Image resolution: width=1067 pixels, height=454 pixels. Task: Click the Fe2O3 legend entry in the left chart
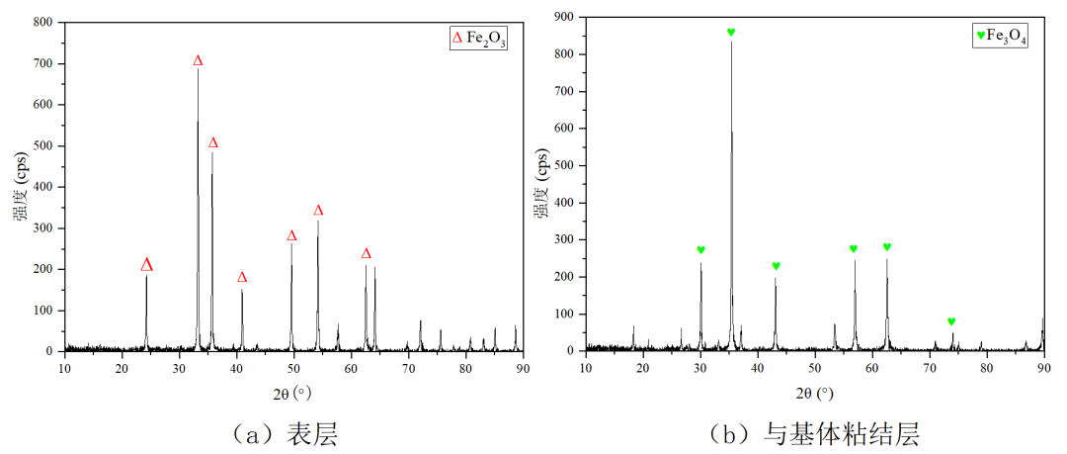[478, 39]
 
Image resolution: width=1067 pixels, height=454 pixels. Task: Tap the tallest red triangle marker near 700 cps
[198, 61]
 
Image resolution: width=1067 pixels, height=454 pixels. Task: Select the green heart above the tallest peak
[731, 33]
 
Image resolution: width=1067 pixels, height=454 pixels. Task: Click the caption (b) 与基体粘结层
[814, 432]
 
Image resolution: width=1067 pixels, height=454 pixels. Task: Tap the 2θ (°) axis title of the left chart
[293, 393]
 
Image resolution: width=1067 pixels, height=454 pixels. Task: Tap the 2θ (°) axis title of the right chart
[814, 393]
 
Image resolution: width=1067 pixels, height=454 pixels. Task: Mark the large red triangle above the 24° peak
[146, 265]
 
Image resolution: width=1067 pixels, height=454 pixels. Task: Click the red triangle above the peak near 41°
[242, 278]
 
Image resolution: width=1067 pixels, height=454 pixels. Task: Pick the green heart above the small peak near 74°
[951, 321]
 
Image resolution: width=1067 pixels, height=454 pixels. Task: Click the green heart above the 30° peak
[700, 250]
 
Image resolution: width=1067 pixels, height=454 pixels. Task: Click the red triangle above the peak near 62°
[366, 254]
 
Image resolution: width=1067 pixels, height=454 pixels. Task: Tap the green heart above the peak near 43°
[776, 266]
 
